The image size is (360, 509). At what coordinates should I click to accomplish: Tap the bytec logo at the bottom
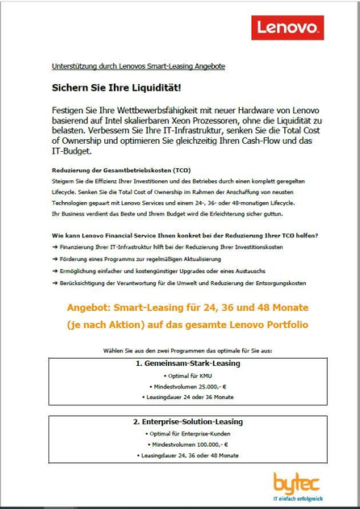(299, 485)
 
